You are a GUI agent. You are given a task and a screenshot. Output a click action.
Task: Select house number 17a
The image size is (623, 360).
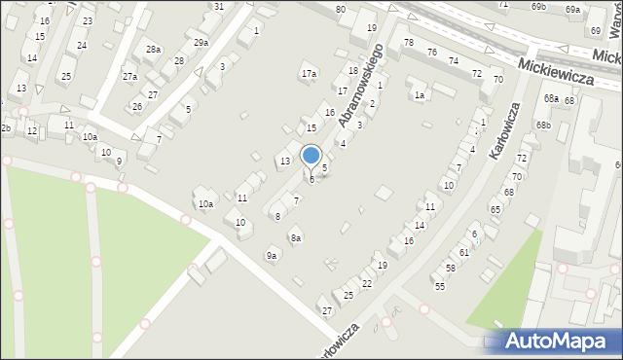309,74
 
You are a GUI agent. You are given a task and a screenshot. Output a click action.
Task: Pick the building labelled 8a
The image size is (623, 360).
296,238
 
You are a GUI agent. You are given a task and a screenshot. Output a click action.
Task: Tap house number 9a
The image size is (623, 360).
273,256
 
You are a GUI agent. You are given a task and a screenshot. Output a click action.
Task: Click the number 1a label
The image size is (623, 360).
420,95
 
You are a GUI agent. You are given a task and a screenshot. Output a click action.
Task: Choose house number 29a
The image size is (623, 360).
201,43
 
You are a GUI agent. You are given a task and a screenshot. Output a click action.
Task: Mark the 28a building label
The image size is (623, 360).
153,50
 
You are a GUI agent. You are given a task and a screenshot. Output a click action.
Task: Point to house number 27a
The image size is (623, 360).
129,76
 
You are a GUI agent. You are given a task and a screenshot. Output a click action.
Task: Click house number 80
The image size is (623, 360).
340,10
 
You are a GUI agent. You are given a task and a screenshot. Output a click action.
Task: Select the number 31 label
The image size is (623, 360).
219,7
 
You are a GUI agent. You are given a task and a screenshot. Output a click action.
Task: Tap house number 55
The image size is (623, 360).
440,286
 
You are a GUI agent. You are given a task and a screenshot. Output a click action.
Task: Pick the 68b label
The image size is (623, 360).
543,126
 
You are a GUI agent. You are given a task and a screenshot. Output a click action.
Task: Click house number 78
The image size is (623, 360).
408,43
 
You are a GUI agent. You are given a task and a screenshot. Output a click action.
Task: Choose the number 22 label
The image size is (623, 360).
367,283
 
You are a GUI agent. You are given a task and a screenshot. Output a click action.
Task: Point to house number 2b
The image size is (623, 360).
5,128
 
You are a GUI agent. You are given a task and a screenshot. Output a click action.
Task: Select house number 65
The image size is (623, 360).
495,209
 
